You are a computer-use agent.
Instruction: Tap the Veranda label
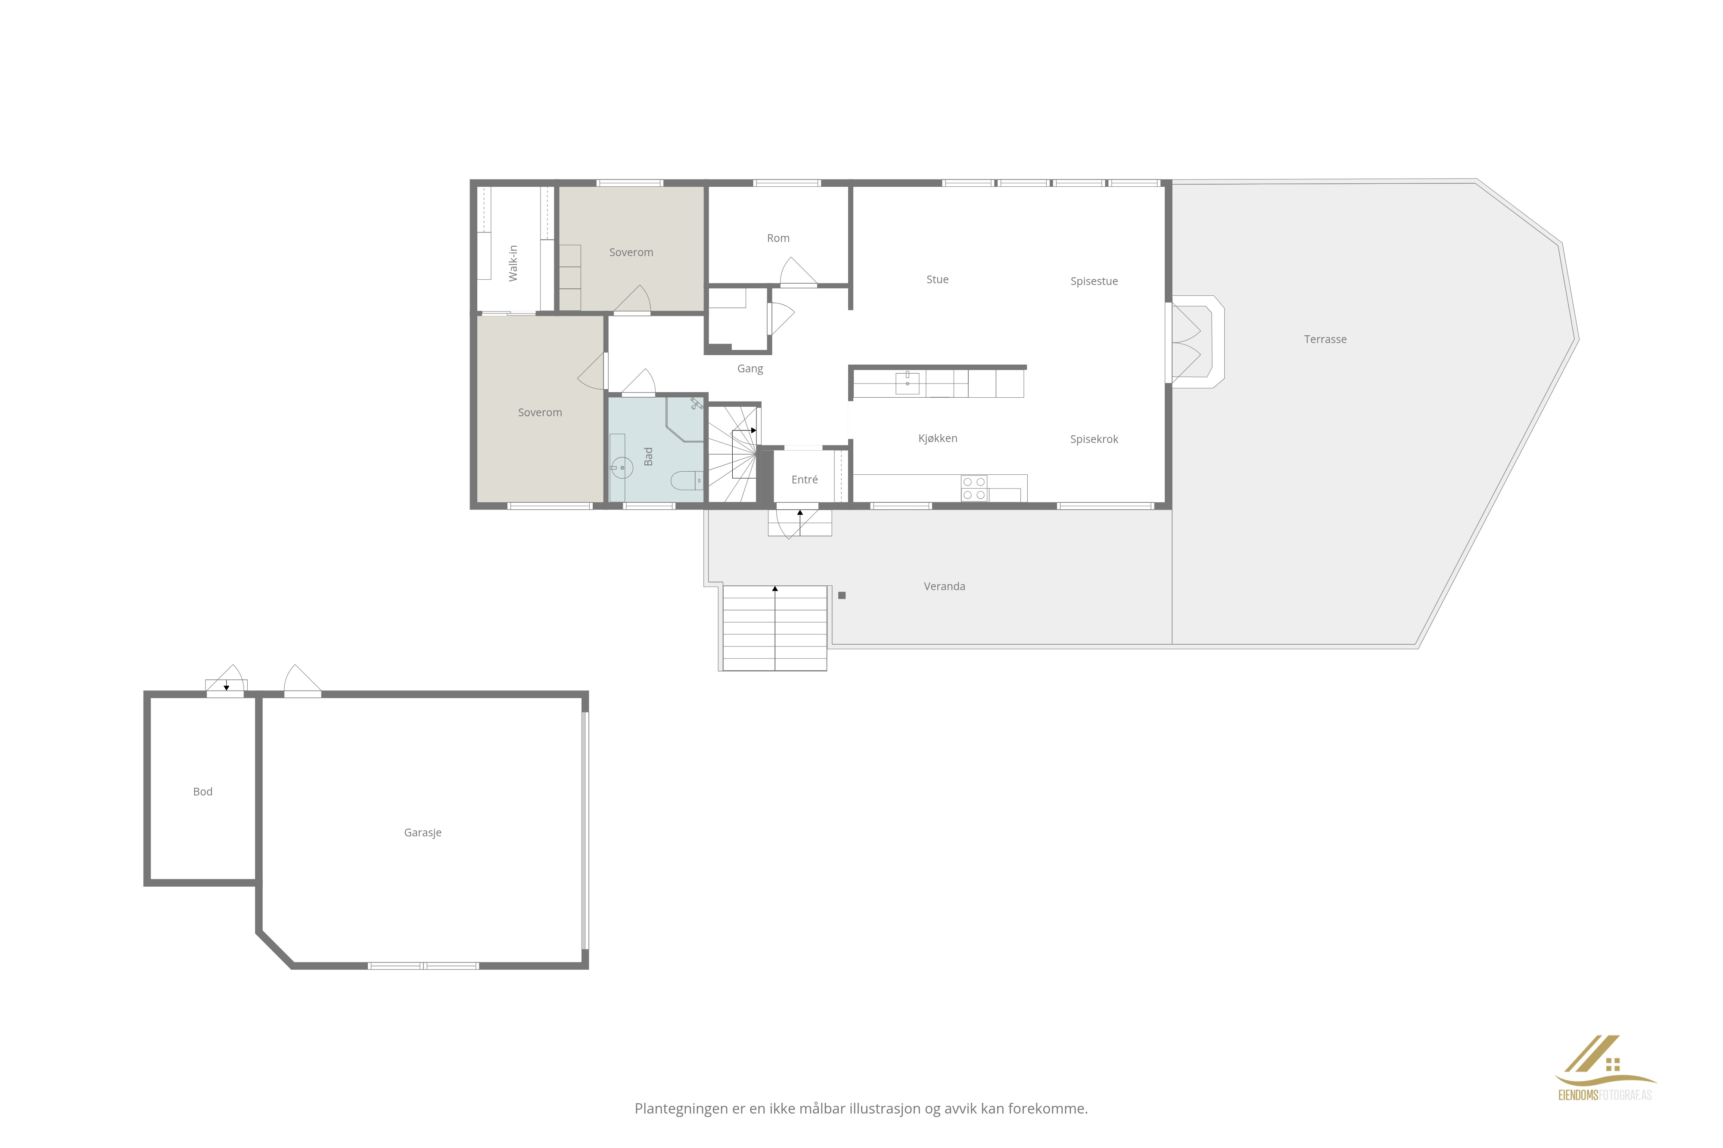click(x=944, y=586)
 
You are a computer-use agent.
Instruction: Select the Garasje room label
click(x=423, y=832)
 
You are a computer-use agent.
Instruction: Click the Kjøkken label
click(x=938, y=438)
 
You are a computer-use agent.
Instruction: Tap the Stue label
click(x=937, y=279)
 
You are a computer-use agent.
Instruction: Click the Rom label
click(x=778, y=238)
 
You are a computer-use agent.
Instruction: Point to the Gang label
click(x=750, y=369)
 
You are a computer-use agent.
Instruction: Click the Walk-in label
click(x=513, y=263)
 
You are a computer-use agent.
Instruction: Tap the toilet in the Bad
click(x=687, y=481)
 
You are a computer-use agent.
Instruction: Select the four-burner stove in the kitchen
click(x=973, y=488)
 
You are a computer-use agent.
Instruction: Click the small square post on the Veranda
click(x=842, y=595)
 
